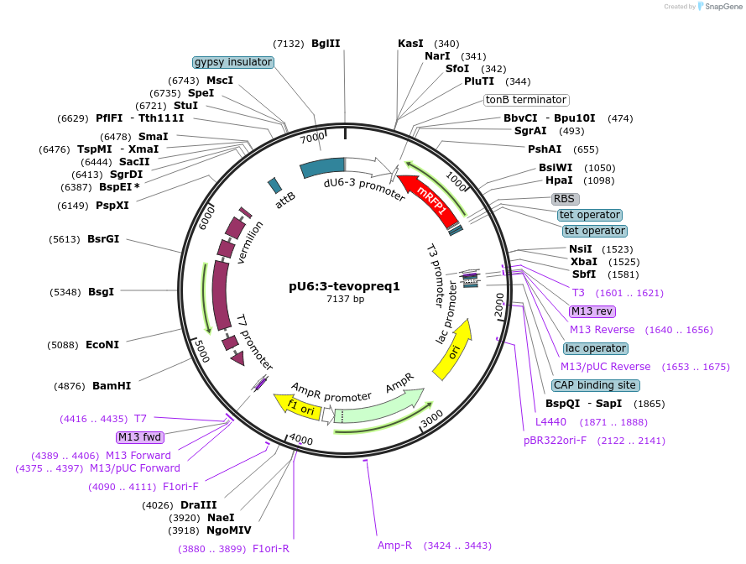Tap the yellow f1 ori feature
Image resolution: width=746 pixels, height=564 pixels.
[x=299, y=408]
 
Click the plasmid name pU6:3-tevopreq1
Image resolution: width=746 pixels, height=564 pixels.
[x=344, y=285]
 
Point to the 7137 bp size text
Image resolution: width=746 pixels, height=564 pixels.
[x=345, y=300]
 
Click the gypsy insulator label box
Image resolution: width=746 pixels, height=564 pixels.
[x=232, y=62]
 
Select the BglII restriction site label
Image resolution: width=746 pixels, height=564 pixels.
[x=326, y=43]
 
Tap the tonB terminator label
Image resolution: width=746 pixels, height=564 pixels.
[x=526, y=100]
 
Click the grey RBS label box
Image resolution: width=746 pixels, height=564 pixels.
[x=565, y=199]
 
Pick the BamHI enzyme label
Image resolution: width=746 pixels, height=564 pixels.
[x=111, y=386]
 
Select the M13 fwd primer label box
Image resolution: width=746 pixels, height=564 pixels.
[x=140, y=437]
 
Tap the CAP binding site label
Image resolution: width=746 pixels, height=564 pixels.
[x=594, y=385]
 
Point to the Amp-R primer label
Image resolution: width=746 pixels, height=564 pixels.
[x=394, y=546]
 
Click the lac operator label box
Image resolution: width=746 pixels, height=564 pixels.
[x=595, y=348]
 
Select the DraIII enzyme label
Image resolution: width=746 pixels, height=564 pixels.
[x=199, y=505]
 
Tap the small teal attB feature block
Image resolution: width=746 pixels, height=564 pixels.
[x=274, y=185]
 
